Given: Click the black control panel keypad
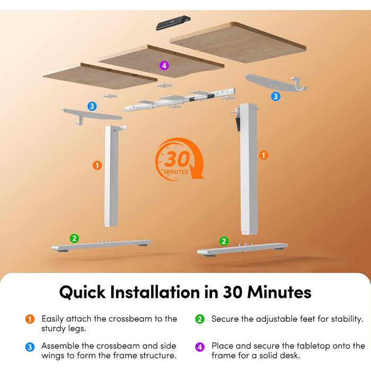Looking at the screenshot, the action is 173,23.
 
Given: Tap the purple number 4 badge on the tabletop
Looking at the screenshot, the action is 164,66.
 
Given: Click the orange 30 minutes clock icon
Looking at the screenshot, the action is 179,160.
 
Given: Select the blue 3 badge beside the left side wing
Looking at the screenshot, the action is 92,106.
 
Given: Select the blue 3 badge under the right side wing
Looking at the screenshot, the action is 276,96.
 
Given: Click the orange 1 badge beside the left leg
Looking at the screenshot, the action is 97,165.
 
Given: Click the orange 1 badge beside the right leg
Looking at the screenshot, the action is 263,155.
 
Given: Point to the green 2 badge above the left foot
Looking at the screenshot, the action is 74,238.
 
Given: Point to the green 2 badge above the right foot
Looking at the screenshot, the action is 224,241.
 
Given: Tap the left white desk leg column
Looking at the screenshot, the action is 111,176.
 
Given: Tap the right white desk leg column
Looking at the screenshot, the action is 249,169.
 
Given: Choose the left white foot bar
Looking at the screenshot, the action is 102,245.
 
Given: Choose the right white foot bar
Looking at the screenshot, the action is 243,250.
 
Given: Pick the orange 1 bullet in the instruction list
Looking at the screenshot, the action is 30,319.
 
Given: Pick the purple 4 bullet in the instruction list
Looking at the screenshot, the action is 200,347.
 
